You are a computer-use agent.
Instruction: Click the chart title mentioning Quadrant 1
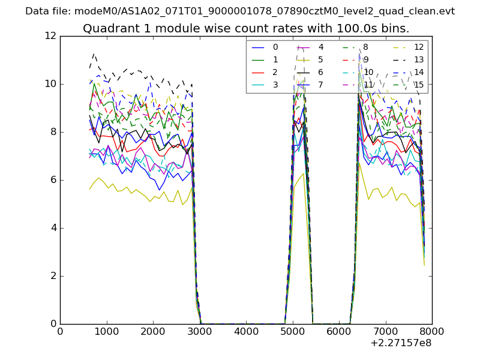(x=246, y=28)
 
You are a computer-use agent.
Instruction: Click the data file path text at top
(x=240, y=11)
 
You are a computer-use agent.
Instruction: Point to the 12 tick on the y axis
(x=51, y=36)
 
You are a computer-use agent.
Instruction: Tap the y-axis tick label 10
(x=51, y=84)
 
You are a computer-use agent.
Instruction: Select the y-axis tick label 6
(x=53, y=180)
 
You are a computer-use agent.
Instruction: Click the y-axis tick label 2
(x=53, y=276)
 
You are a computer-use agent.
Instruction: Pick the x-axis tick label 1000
(x=106, y=332)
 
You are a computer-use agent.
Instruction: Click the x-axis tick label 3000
(x=199, y=332)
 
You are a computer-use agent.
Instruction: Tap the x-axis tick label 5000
(x=292, y=332)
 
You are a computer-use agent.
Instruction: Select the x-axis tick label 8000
(x=432, y=332)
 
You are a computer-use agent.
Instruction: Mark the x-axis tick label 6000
(x=339, y=332)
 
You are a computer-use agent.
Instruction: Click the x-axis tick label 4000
(x=246, y=332)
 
